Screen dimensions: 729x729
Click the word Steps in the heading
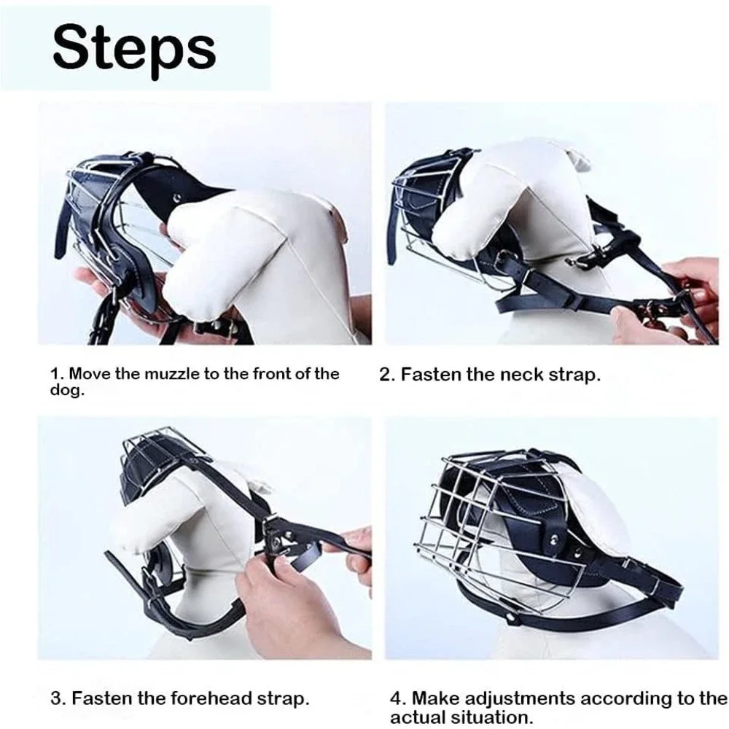point(134,50)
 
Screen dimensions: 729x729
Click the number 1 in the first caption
point(55,374)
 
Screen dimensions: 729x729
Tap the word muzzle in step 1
point(171,374)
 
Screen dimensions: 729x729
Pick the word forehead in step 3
point(217,698)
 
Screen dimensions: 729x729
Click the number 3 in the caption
point(57,698)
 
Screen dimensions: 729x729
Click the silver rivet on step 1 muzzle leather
point(176,198)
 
